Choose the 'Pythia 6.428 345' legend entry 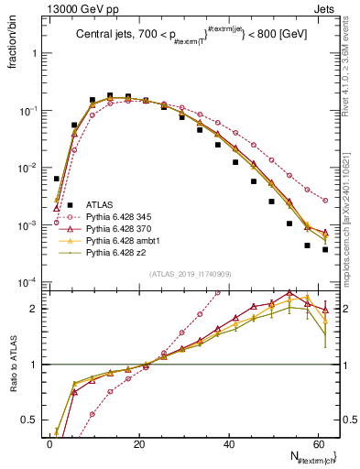tap(122, 219)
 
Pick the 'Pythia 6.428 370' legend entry tap(122, 233)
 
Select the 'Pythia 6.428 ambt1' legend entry tap(125, 246)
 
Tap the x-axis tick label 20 tap(139, 442)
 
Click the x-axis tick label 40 tap(230, 442)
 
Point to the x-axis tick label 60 tap(320, 442)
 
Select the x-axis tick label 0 tap(49, 442)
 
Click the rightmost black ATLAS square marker tap(325, 249)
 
